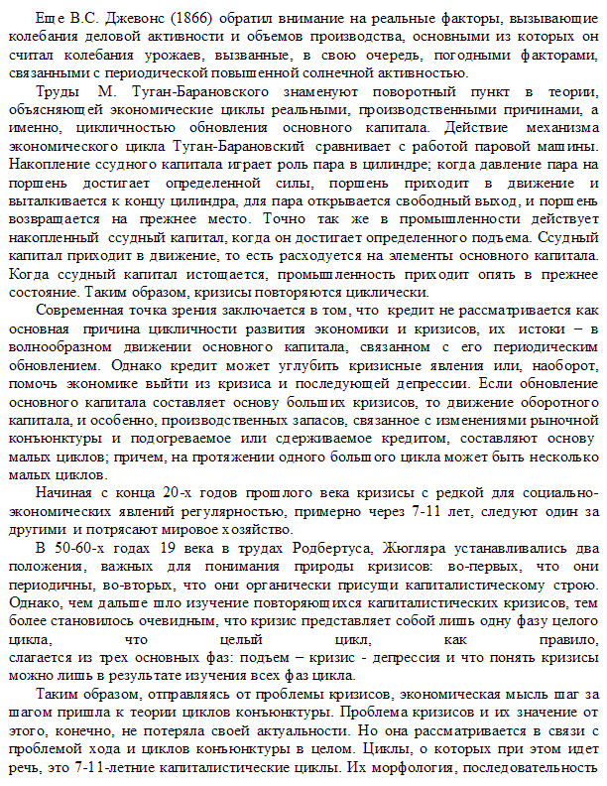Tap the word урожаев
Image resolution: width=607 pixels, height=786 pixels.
pos(261,56)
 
